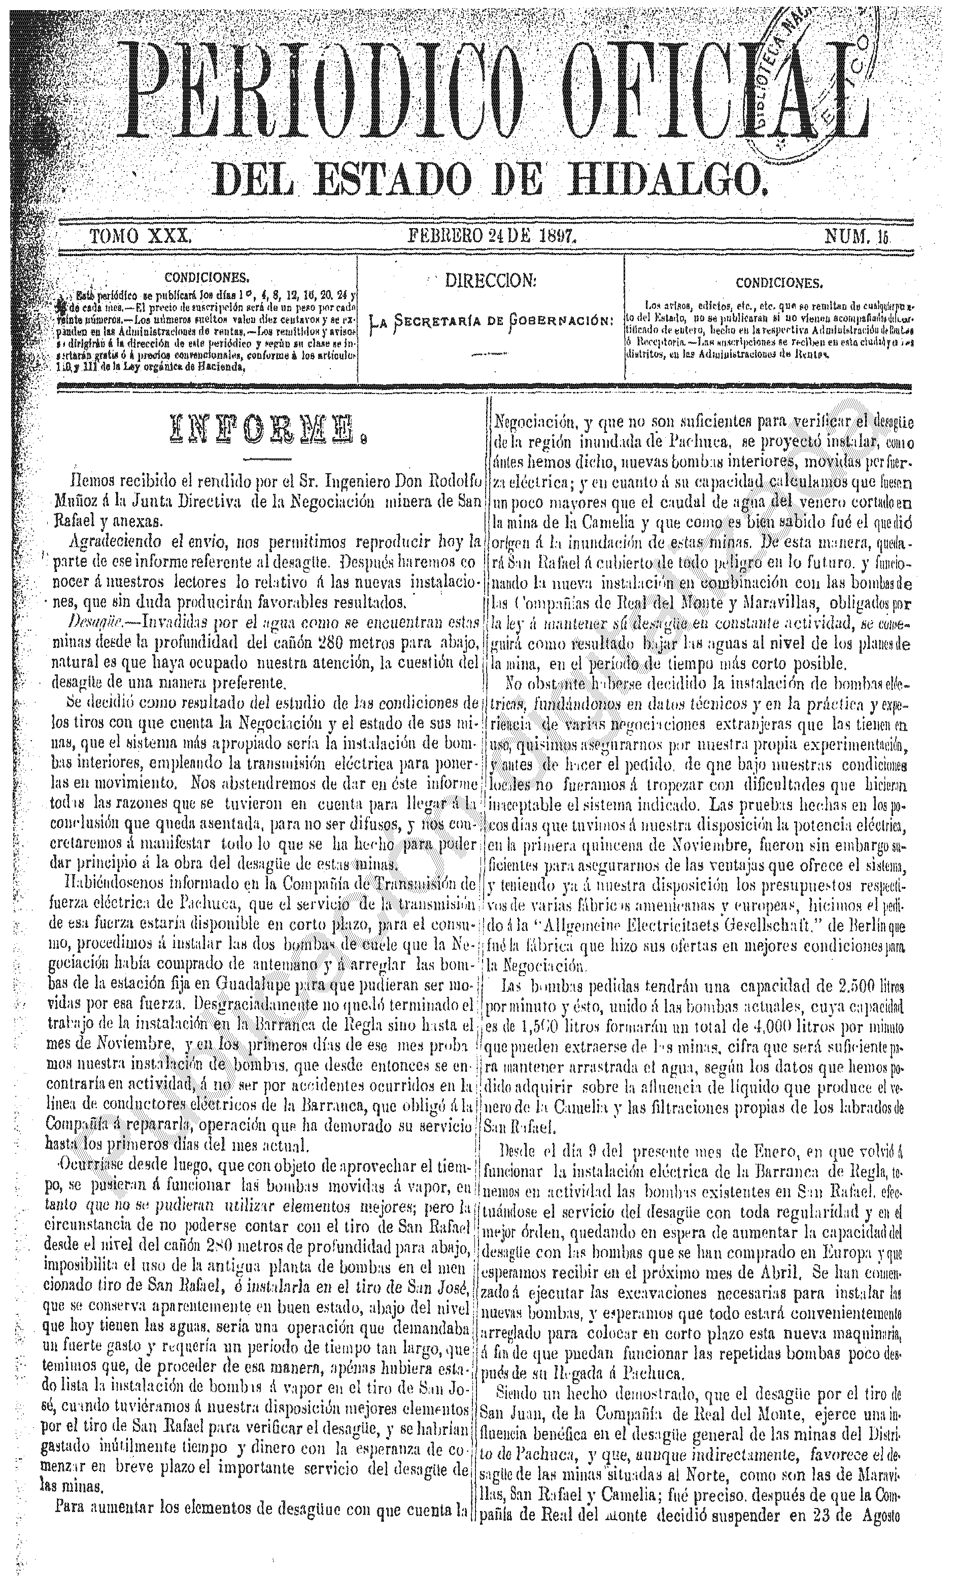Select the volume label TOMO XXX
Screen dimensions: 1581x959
coord(141,236)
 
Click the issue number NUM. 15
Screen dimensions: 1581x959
coord(857,237)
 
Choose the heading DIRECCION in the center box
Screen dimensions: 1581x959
coord(491,280)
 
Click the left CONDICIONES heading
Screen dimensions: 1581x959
coord(207,278)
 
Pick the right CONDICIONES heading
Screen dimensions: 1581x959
coord(778,282)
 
